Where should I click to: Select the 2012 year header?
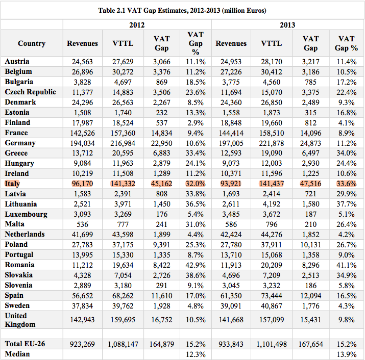137,25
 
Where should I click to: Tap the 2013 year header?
287,25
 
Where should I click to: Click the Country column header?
32,43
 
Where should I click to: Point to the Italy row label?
12,184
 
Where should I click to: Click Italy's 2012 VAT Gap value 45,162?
161,184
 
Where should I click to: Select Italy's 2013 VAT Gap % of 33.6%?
347,184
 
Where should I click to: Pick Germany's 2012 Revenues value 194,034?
82,143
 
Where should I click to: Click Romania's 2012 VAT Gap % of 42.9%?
196,265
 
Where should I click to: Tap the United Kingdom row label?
20,320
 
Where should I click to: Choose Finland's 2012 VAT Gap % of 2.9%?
196,123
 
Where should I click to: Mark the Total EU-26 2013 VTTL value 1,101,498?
272,344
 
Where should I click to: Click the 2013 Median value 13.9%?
347,354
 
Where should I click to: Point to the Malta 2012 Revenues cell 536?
82,224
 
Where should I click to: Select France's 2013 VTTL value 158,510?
272,133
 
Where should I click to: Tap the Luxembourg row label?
26,214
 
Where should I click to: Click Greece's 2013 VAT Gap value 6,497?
310,153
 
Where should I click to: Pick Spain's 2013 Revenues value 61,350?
231,296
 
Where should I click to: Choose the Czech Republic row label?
30,92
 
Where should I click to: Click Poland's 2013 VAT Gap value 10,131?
310,245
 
